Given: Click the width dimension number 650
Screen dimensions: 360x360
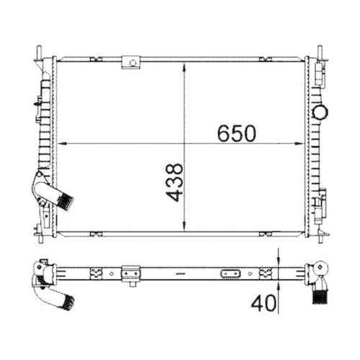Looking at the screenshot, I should [237, 133].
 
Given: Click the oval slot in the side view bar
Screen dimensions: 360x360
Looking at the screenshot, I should [232, 274].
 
